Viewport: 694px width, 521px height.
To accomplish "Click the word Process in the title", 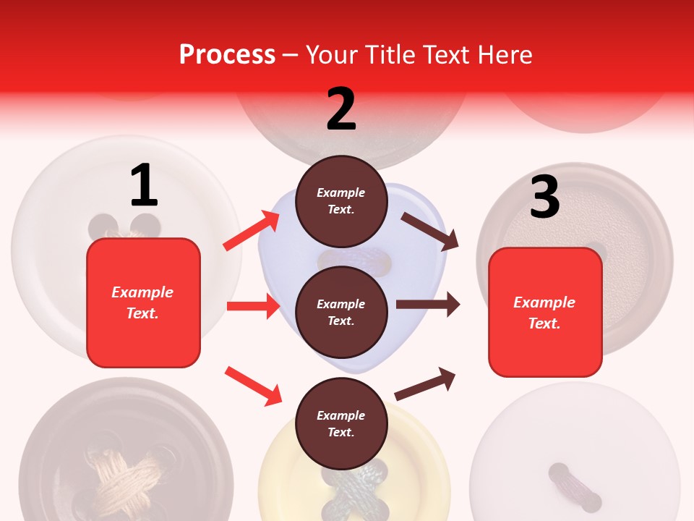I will (227, 54).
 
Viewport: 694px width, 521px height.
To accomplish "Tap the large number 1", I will (144, 186).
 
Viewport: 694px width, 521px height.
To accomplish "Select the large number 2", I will (341, 109).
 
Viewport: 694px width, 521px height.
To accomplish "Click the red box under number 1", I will (143, 302).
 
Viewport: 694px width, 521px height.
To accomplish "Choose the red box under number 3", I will (545, 312).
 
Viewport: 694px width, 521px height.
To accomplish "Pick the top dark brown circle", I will (341, 201).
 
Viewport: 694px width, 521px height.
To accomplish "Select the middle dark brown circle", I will (341, 312).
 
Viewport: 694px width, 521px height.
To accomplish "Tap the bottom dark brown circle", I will (341, 423).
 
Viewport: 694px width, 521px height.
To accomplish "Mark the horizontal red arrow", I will (253, 306).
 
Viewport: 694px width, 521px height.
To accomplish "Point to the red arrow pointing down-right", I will (253, 386).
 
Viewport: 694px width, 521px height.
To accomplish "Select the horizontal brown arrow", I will (427, 305).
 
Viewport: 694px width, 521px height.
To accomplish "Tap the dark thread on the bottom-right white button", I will (574, 486).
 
